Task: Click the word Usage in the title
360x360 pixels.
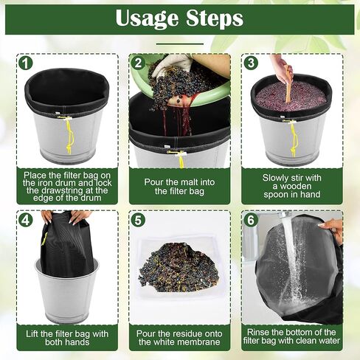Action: point(147,18)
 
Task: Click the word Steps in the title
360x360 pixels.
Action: point(215,18)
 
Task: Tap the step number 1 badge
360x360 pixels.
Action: point(25,63)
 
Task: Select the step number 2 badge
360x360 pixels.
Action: point(138,63)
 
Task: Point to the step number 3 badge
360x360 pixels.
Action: point(251,63)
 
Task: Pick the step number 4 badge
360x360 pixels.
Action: point(25,220)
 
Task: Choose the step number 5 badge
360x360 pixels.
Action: point(138,220)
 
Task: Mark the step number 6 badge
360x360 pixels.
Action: point(251,220)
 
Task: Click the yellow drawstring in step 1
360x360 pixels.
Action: point(69,136)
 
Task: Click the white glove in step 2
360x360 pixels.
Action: point(173,63)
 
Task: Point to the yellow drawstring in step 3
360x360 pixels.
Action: point(293,139)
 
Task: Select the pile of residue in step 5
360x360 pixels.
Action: point(179,267)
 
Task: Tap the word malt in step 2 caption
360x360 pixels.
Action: point(189,182)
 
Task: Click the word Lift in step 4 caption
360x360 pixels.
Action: point(32,334)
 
